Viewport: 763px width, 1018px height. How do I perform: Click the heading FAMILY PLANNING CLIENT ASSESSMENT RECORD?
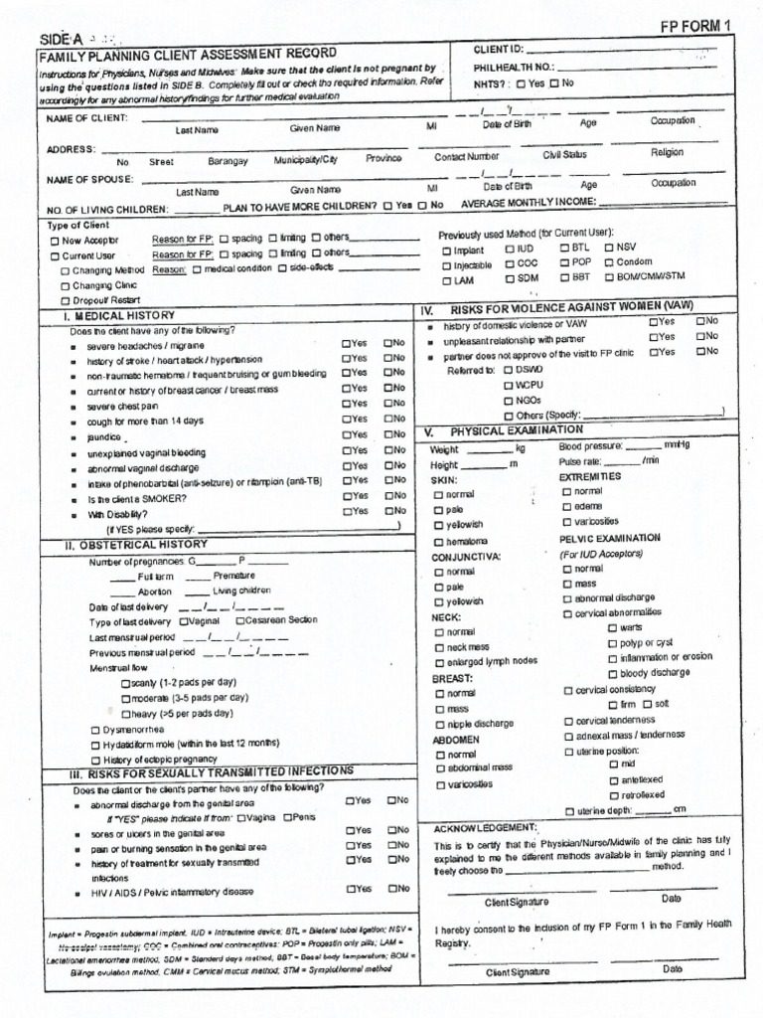(188, 53)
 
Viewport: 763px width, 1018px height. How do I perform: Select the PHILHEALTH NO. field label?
(512, 67)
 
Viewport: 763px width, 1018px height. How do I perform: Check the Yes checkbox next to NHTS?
(523, 84)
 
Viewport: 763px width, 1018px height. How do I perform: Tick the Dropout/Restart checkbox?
(66, 300)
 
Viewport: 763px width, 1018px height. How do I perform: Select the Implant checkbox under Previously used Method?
(446, 251)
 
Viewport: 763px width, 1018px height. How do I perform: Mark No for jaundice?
(388, 434)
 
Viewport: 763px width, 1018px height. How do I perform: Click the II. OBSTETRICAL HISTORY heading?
(136, 545)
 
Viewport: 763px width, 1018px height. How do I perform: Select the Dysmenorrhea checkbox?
(95, 729)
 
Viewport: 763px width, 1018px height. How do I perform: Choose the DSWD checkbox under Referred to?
(509, 369)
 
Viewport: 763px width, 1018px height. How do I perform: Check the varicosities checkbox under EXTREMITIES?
(567, 522)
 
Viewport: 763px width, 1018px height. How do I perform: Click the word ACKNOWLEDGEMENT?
(485, 827)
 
